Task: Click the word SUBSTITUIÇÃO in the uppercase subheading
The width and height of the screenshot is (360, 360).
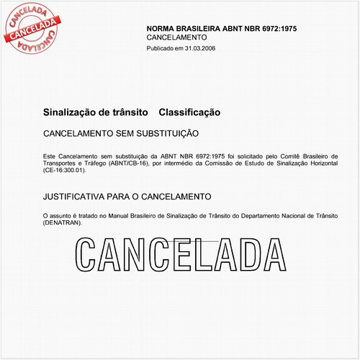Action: [163, 134]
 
